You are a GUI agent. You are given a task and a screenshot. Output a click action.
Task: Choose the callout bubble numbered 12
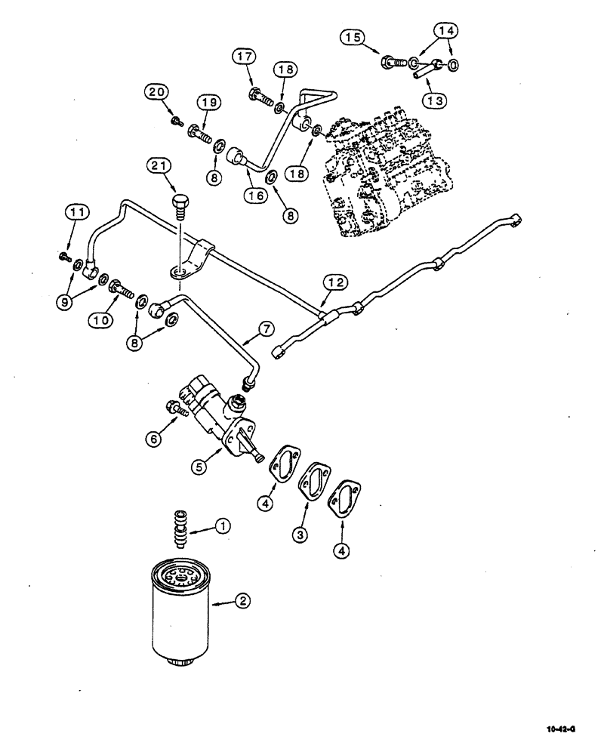click(337, 282)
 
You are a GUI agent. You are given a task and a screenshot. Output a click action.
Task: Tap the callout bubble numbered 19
click(208, 102)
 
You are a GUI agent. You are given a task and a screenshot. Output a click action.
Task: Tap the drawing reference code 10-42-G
click(562, 730)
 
